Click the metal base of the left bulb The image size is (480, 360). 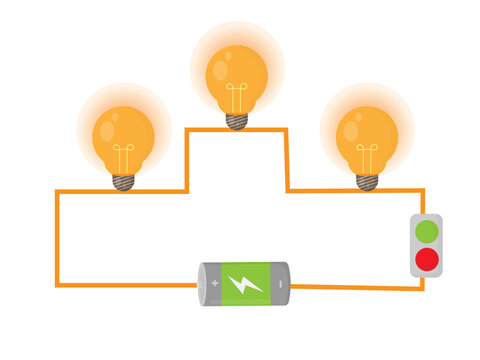tap(123, 182)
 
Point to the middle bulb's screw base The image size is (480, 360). tap(237, 120)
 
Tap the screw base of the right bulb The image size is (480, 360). tap(367, 182)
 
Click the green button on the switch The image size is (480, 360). tap(427, 232)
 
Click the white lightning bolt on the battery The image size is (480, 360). tap(245, 284)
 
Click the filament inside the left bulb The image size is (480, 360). tap(123, 158)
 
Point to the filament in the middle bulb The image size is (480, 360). tap(237, 98)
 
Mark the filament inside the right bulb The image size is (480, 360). tap(367, 158)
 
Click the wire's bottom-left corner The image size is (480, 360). tap(57, 285)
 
